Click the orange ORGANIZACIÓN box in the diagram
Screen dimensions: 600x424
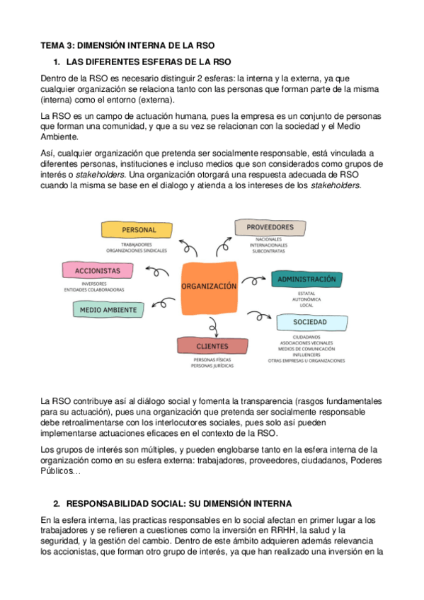208,287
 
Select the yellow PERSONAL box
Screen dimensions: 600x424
138,230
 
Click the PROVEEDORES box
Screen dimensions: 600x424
270,227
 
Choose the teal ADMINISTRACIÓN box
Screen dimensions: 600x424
306,279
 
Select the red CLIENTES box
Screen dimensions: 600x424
212,346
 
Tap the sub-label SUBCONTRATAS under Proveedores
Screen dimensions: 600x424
268,250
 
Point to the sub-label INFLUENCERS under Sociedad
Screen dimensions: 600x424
306,354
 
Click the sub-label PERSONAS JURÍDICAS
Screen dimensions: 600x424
212,367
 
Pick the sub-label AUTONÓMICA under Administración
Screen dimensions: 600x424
306,299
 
